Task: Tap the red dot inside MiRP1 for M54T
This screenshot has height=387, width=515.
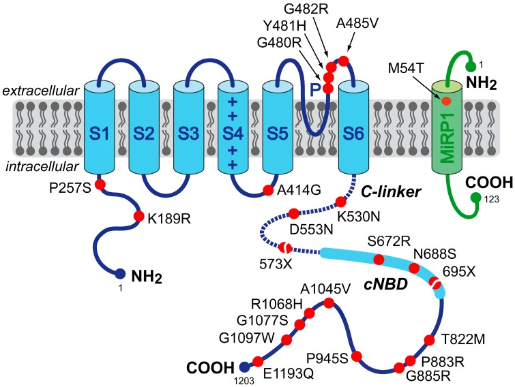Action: point(446,101)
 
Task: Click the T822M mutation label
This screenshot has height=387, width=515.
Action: point(462,338)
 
